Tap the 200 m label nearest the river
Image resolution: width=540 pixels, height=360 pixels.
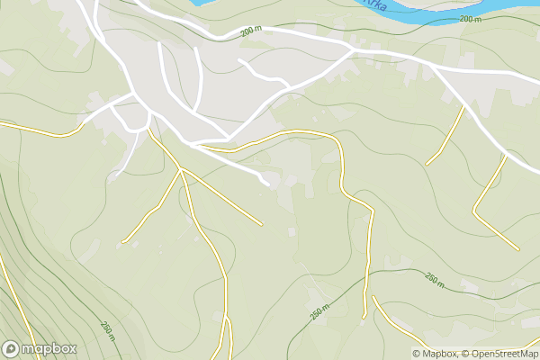(470, 19)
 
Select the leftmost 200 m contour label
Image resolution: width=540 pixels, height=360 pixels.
(251, 31)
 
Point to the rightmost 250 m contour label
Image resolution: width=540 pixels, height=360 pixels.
(434, 281)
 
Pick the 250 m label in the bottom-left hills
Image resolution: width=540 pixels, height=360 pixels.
(108, 330)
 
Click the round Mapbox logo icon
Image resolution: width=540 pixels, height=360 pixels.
(12, 348)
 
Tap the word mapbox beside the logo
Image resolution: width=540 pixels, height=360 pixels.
(49, 348)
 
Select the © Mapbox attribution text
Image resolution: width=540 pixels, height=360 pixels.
(435, 354)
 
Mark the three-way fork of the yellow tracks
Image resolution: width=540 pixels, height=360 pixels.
(182, 168)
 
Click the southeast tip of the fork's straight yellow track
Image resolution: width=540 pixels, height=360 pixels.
(261, 223)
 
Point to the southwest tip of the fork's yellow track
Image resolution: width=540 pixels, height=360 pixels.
(123, 241)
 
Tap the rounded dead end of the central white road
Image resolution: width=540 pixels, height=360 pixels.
(266, 184)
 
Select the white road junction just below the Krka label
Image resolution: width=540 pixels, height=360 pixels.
(351, 50)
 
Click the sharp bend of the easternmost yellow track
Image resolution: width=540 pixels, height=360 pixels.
(474, 212)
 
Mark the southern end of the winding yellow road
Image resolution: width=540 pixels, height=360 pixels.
(364, 317)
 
